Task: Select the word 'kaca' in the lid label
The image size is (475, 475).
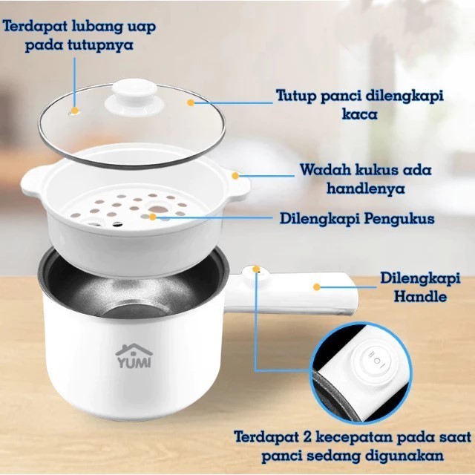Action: (x=360, y=114)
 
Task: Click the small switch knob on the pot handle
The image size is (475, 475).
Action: (x=257, y=270)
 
